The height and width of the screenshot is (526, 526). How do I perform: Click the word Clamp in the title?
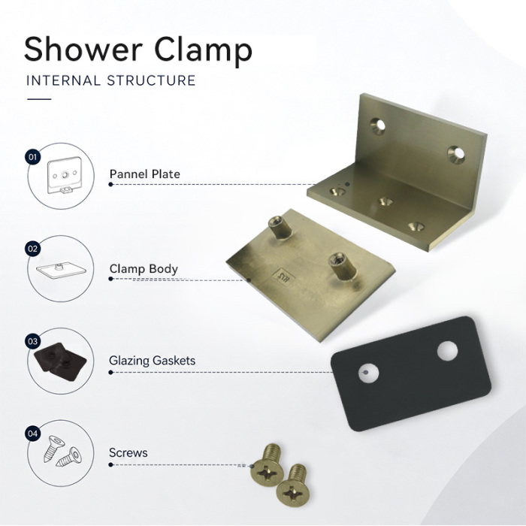(204, 51)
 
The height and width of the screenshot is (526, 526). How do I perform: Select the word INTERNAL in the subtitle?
(63, 80)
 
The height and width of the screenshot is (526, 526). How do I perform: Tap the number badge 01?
(32, 157)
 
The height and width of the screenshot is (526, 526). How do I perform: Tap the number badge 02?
(32, 249)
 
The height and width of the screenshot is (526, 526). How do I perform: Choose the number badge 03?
(32, 341)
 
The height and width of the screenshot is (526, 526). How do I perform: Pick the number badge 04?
(32, 434)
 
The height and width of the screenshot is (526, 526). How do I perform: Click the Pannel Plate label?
(144, 174)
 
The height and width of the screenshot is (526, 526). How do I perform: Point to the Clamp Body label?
(144, 269)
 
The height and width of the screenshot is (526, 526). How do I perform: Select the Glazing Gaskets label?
(152, 361)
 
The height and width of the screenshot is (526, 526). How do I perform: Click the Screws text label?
(128, 452)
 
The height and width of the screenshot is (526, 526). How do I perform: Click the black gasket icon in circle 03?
(60, 361)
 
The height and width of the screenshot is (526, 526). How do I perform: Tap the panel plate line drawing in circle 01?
(65, 175)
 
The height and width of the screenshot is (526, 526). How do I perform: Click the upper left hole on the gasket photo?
(368, 373)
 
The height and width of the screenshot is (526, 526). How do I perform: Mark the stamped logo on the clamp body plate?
(284, 277)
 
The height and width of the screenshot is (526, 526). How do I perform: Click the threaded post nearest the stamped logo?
(341, 266)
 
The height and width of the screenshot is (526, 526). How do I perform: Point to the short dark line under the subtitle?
(39, 99)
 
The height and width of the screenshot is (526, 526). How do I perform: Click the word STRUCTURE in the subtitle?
(151, 80)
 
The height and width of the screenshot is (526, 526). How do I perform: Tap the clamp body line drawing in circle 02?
(61, 271)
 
